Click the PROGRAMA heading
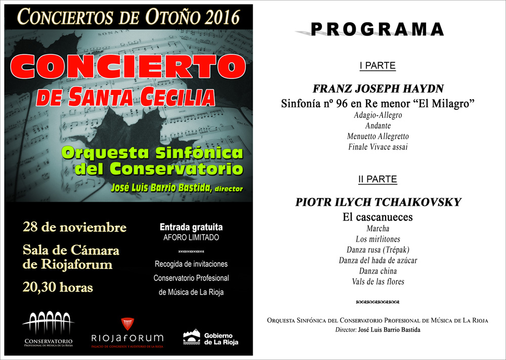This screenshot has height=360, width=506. [x=377, y=29]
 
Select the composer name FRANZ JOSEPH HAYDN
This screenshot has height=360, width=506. [x=378, y=89]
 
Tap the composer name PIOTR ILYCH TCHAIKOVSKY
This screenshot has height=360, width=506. [x=378, y=202]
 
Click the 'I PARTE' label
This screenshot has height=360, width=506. [x=377, y=66]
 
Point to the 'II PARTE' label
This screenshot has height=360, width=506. [x=377, y=179]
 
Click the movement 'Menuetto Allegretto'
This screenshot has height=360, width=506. [x=378, y=137]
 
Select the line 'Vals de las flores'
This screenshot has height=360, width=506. [x=378, y=282]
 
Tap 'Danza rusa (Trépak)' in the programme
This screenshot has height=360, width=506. [x=378, y=250]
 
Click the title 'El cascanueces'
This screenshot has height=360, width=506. [x=378, y=217]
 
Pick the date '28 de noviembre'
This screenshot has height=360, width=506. [x=75, y=228]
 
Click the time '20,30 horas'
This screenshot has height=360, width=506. [x=58, y=287]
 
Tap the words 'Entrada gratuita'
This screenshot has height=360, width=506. [x=191, y=228]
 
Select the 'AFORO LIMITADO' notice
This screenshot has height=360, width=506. [x=191, y=238]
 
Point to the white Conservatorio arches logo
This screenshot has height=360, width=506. [x=49, y=323]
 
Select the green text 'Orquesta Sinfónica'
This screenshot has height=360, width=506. [x=152, y=153]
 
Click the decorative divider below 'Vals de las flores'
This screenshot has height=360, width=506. [x=378, y=302]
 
